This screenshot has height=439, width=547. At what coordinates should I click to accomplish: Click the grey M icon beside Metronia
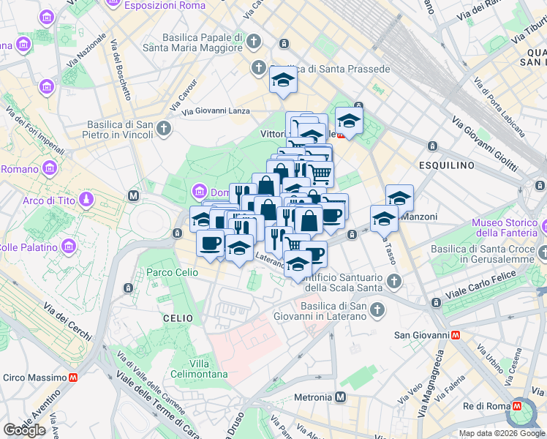pos(341,397)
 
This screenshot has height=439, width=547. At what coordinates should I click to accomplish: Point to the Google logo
pos(24,430)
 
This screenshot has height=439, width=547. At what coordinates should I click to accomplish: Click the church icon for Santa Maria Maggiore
pos(254,41)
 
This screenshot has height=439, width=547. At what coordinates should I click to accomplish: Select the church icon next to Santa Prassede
pos(257,69)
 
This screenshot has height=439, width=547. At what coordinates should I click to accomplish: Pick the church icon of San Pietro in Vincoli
pos(165,129)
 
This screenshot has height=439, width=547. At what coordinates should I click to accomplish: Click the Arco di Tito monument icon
pos(87,200)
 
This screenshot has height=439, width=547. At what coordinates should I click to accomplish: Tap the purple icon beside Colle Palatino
pos(69,245)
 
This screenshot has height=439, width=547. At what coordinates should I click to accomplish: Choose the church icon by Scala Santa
pos(394,282)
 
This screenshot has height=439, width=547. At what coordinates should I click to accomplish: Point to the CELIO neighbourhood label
pos(178,318)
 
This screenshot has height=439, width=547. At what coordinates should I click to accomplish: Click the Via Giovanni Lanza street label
pos(216,111)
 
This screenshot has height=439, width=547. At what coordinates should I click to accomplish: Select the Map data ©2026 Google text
pos(501,433)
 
